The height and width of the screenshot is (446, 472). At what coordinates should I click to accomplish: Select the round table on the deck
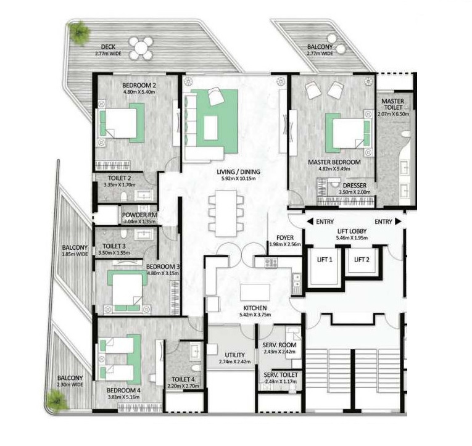(141, 48)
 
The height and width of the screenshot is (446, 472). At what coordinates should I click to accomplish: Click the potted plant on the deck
(79, 31)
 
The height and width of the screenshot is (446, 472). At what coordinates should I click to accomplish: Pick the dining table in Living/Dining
(222, 212)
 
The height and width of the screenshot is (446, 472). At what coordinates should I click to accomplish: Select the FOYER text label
(285, 237)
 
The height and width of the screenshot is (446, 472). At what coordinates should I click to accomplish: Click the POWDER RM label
(140, 215)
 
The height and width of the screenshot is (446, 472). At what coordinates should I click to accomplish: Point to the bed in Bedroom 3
(128, 291)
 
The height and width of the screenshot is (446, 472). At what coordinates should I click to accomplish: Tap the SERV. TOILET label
(281, 374)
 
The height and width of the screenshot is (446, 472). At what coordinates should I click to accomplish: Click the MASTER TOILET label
(392, 105)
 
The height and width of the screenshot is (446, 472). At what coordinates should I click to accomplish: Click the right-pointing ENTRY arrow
(398, 221)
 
